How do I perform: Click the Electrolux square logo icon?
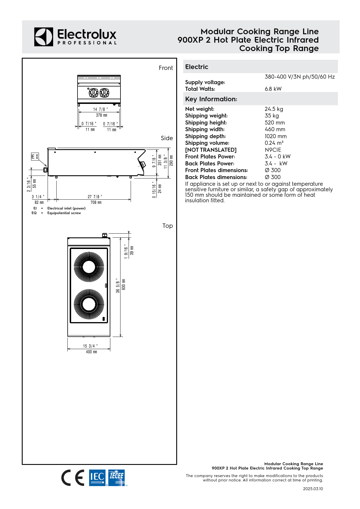[x=44, y=37]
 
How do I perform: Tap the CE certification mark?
[x=73, y=478]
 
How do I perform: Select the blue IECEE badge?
[x=116, y=477]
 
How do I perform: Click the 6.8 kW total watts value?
[x=273, y=89]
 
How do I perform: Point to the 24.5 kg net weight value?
[x=273, y=109]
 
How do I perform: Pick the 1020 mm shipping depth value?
[x=275, y=136]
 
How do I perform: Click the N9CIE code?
[x=273, y=150]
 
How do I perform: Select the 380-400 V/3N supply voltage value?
[x=299, y=77]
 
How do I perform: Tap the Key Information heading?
[x=211, y=99]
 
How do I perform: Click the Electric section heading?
[x=197, y=67]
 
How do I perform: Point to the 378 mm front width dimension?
[x=101, y=115]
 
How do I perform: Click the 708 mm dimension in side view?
[x=96, y=202]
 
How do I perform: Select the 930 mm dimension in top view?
[x=124, y=285]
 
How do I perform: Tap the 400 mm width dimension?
[x=91, y=352]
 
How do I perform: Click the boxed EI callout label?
[x=35, y=157]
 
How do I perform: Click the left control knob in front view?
[x=93, y=93]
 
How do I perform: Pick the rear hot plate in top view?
[x=89, y=267]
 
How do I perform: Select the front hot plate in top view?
[x=89, y=304]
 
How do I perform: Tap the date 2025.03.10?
[x=313, y=489]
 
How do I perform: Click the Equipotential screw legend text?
[x=64, y=213]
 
